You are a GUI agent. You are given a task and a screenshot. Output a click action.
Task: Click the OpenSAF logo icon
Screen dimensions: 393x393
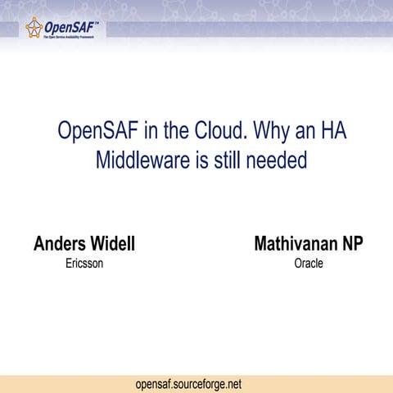coord(34,29)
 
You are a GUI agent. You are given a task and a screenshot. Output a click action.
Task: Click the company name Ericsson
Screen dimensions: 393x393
coord(84,264)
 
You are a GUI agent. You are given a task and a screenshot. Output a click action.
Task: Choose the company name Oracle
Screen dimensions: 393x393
coord(309,264)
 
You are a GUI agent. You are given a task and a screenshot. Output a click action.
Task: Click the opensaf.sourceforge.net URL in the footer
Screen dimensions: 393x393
coord(189,383)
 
